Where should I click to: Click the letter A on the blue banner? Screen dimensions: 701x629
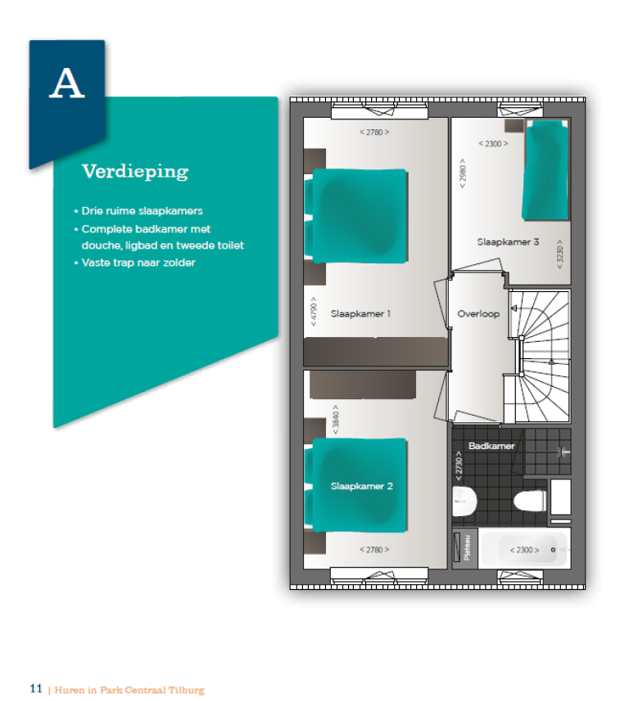[67, 84]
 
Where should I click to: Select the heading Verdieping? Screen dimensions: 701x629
[134, 172]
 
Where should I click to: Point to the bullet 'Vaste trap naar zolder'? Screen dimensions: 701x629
[138, 263]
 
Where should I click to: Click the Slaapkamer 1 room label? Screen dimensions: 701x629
[360, 313]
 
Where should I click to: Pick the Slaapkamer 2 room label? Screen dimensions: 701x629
[361, 486]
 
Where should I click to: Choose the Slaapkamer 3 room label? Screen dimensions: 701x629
[508, 242]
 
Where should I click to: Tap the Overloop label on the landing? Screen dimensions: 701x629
[478, 313]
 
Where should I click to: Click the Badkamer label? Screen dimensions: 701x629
[491, 446]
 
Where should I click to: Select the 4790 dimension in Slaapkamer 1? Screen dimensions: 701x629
[312, 314]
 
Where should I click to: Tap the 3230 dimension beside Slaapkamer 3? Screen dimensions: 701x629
[560, 254]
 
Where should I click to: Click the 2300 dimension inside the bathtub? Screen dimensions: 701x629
[524, 550]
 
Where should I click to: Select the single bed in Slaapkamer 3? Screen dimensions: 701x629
[545, 170]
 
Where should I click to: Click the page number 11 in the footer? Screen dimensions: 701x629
[35, 689]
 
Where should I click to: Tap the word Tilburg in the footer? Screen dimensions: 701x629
[186, 690]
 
